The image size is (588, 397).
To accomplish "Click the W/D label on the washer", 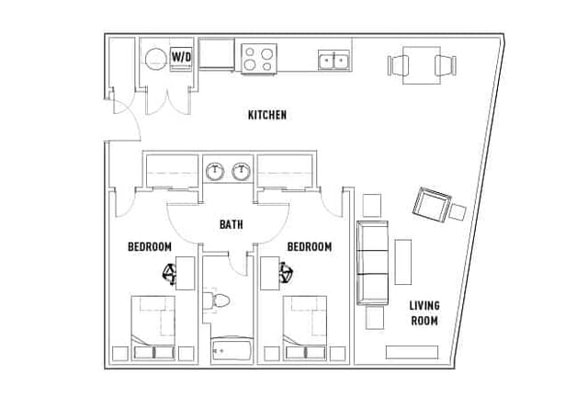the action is click(x=182, y=57).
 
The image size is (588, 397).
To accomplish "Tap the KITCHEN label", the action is click(x=267, y=115).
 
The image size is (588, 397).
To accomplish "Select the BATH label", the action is click(x=231, y=224).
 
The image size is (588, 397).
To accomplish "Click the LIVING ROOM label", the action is click(x=424, y=313).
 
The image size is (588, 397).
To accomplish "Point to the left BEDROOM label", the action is click(x=150, y=246).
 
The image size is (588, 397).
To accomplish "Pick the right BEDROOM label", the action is click(x=310, y=246).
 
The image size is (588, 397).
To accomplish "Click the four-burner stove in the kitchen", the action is click(x=259, y=59).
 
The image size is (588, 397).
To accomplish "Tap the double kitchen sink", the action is click(x=334, y=60).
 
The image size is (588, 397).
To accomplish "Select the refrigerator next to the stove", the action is click(x=217, y=54).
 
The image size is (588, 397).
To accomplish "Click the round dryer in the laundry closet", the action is click(x=155, y=60).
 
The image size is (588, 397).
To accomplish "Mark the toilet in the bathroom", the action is click(x=216, y=301).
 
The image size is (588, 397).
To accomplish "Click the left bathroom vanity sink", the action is click(x=215, y=171).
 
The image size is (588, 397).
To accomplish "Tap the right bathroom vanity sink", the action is click(x=241, y=171).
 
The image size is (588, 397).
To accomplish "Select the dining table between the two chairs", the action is click(x=422, y=65).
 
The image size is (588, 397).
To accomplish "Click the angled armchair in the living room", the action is click(x=432, y=205).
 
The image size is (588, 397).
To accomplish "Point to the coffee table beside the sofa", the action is click(x=403, y=262).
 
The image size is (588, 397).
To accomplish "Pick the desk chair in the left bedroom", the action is click(x=169, y=274).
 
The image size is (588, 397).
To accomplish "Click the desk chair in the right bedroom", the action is click(x=286, y=272).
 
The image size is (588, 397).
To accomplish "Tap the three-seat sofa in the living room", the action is click(x=372, y=263).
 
